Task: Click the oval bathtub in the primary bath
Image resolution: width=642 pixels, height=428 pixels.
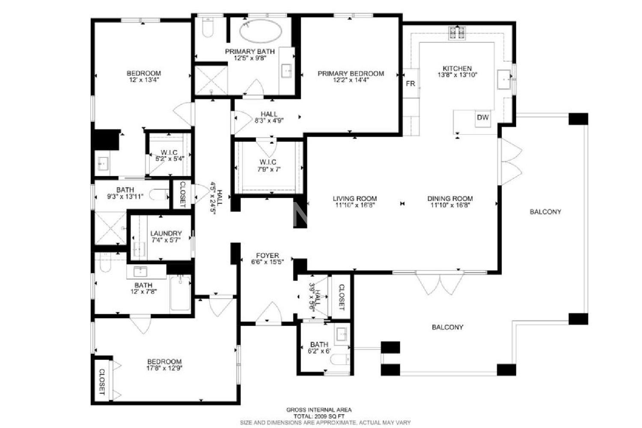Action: [261, 31]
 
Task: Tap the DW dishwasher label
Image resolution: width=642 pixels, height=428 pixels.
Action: [483, 117]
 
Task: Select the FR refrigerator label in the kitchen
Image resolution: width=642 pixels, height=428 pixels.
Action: [410, 83]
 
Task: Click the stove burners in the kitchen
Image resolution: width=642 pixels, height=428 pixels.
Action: [457, 33]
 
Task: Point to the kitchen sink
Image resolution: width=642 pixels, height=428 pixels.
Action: [504, 79]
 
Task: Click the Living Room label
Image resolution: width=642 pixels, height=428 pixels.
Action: [355, 198]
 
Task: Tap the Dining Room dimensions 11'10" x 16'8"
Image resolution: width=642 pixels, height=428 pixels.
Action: [450, 205]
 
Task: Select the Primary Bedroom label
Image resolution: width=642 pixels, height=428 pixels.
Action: [351, 74]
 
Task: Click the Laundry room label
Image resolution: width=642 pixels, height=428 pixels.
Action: [166, 233]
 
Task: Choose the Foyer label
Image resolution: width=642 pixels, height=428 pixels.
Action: [267, 256]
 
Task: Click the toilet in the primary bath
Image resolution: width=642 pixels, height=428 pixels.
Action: [208, 27]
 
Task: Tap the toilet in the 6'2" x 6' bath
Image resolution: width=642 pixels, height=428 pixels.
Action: [340, 360]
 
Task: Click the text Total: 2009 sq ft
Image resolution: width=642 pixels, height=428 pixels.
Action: [319, 416]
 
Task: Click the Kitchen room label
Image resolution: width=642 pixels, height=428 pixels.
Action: [457, 68]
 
